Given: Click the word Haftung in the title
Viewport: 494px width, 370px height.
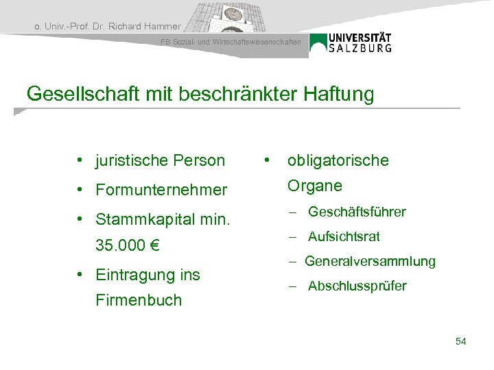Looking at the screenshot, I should tap(338, 94).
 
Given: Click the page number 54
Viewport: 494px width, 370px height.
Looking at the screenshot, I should tap(460, 341).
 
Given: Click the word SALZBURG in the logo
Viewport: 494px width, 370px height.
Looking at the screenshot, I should tap(360, 48).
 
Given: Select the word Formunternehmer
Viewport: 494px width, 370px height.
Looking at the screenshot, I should tap(161, 189).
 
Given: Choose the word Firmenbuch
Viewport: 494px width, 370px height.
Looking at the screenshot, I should tap(139, 300).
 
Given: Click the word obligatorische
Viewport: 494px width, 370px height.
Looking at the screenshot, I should tap(338, 160).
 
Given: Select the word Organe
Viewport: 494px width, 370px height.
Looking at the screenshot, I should tap(314, 186).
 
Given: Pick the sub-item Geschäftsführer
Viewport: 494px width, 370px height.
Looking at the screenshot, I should tap(357, 212).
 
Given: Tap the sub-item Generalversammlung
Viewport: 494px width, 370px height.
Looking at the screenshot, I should tap(370, 261).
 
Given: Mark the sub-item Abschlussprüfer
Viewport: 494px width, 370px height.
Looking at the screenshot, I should tap(357, 286).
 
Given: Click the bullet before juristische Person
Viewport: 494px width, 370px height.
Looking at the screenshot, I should tap(80, 160).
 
